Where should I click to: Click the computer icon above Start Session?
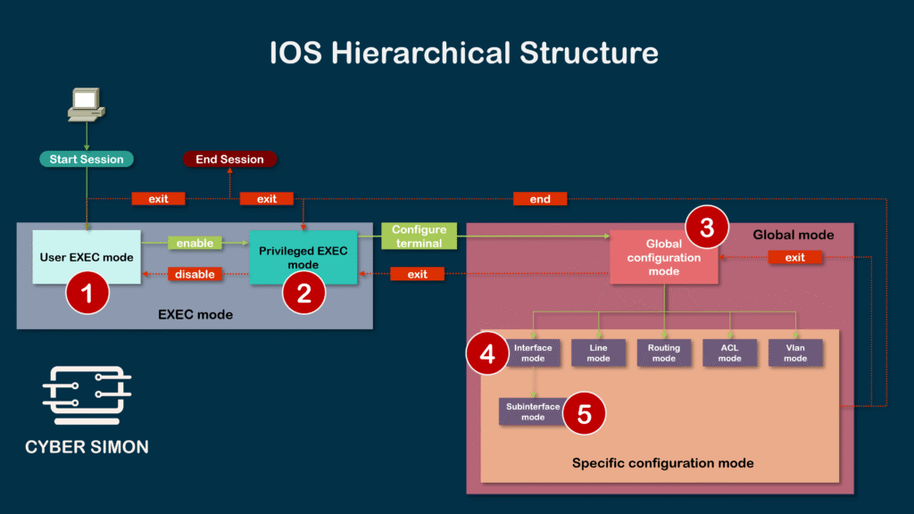(x=86, y=104)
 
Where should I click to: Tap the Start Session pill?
(x=86, y=160)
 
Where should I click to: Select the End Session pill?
(x=229, y=160)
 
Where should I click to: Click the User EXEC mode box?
(x=86, y=257)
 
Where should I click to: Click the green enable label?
(x=195, y=243)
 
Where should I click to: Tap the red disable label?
(x=195, y=274)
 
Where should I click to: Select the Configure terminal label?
(x=419, y=236)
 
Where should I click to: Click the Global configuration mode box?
(x=663, y=257)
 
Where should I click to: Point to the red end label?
(x=540, y=199)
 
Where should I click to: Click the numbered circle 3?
(x=706, y=228)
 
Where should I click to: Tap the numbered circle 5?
(x=584, y=414)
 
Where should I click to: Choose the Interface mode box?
(x=533, y=352)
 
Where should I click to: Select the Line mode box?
(x=598, y=352)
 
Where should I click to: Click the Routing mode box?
(x=664, y=352)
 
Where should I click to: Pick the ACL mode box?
(x=729, y=352)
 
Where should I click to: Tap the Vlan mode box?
(x=794, y=352)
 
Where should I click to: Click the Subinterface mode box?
(x=533, y=411)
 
